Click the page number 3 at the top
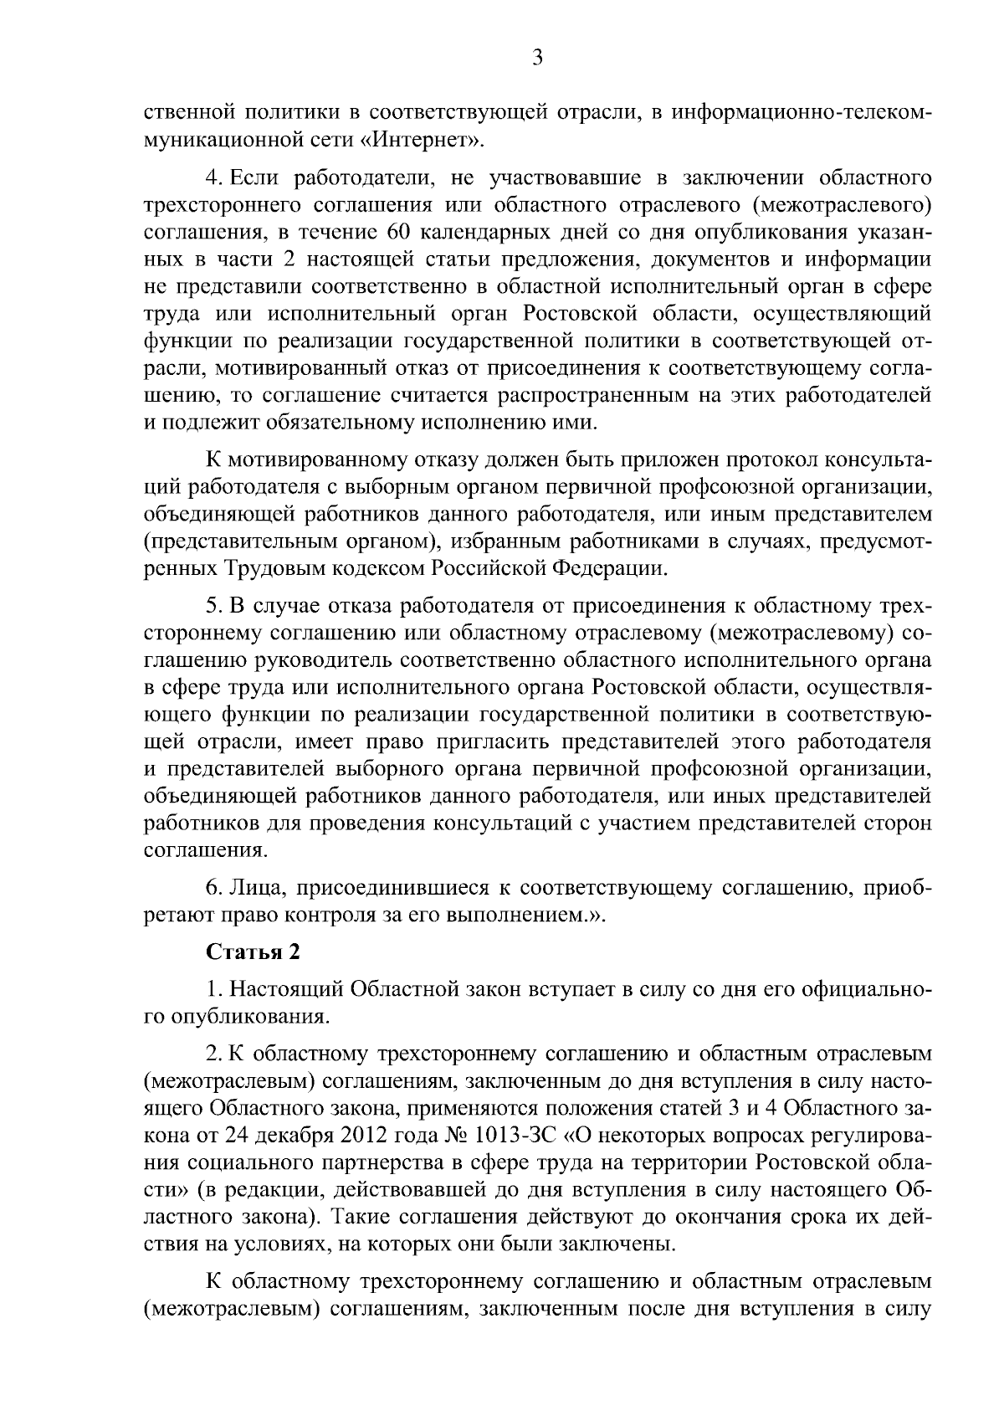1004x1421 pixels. tap(537, 57)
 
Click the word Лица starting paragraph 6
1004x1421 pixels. tap(248, 888)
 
